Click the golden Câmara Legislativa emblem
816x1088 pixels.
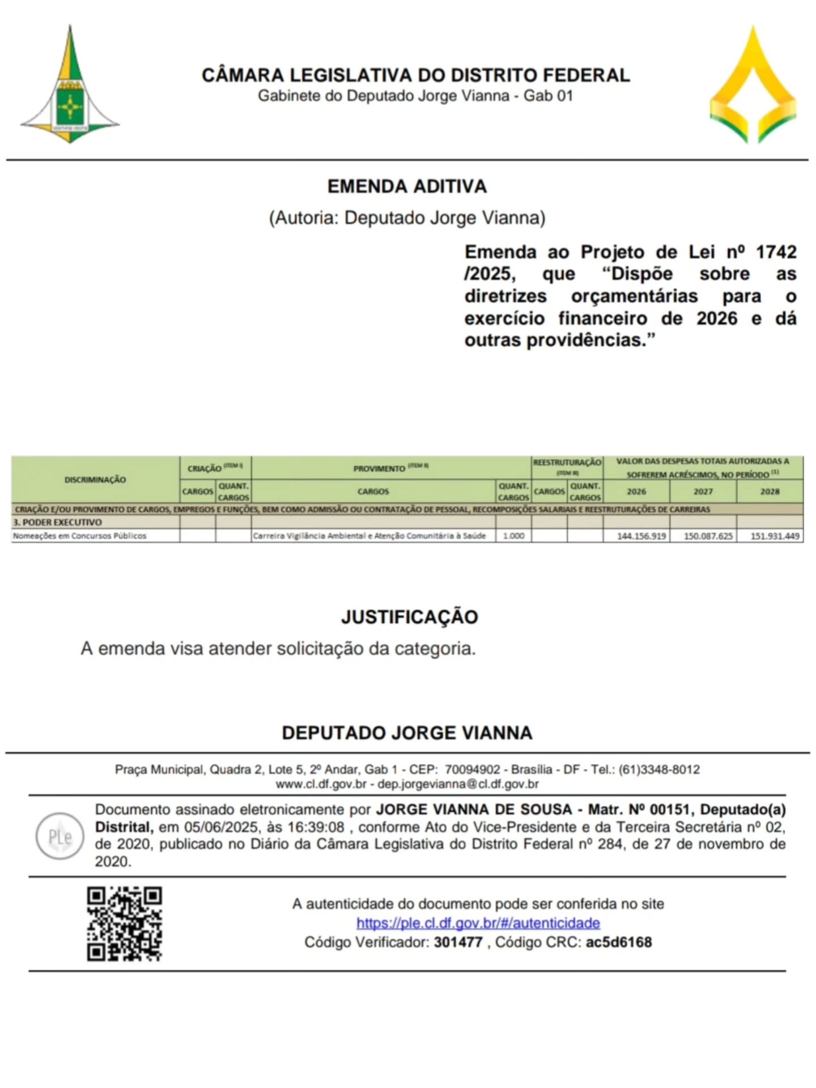753,86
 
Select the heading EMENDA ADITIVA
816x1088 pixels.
407,186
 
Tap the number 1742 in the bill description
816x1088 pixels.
776,252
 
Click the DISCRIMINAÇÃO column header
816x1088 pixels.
95,480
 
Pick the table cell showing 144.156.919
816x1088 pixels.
641,536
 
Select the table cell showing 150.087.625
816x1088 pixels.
708,536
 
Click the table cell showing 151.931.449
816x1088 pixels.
775,536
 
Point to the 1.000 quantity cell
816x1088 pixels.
513,536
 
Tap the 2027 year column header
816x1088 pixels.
703,492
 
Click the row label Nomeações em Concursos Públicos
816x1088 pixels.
80,536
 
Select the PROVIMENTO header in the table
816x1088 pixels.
380,468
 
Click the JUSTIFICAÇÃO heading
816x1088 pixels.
409,617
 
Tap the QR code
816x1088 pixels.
125,924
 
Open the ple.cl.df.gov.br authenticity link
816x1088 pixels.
478,923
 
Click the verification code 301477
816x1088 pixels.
458,942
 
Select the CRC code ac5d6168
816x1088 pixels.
619,942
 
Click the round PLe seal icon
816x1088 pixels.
60,837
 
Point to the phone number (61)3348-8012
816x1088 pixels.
659,770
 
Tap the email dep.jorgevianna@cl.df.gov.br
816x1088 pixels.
458,784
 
